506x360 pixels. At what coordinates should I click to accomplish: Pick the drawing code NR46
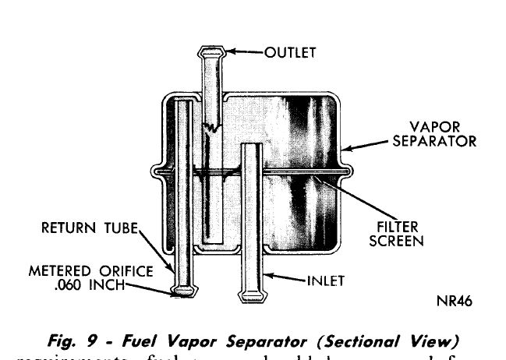tap(455, 300)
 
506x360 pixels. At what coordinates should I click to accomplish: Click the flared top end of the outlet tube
tap(212, 52)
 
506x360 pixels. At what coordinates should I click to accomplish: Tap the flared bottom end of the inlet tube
tap(253, 296)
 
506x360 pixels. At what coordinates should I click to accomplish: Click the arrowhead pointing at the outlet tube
tap(232, 52)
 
